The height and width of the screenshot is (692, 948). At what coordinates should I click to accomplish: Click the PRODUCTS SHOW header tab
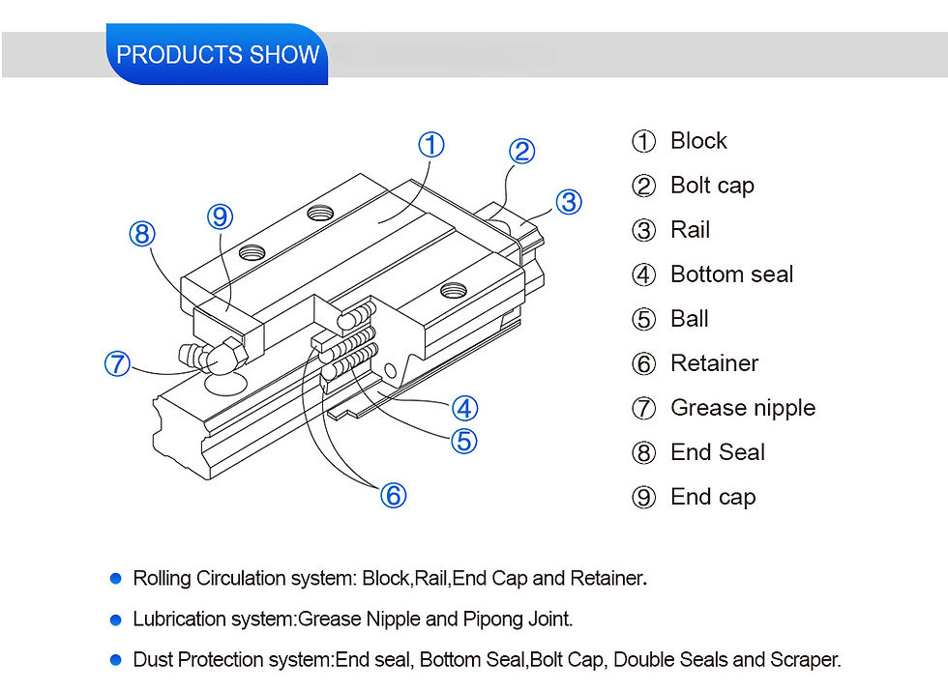[217, 54]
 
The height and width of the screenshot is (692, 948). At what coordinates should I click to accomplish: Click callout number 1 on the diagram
[430, 145]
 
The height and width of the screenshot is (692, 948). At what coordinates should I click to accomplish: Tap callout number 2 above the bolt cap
[521, 151]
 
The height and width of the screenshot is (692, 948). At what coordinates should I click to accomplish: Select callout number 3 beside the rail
[569, 201]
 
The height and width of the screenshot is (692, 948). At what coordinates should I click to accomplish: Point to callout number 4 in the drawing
[464, 407]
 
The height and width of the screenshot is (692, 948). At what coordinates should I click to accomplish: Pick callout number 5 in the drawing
[464, 441]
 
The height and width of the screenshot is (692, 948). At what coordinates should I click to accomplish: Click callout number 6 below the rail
[392, 496]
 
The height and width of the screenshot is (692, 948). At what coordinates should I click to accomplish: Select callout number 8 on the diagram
[142, 234]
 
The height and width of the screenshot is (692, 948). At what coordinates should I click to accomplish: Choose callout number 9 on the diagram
[221, 217]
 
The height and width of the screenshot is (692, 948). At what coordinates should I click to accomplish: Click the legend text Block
[697, 141]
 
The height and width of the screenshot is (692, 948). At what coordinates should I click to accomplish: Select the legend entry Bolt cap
[711, 186]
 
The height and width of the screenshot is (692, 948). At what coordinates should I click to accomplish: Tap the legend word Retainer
[714, 363]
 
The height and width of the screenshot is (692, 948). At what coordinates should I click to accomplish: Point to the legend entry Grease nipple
[742, 408]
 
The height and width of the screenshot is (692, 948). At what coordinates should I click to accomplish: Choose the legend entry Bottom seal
[730, 274]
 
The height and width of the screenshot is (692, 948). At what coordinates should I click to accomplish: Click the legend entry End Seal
[717, 452]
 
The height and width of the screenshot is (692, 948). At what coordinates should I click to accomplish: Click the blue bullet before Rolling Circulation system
[116, 578]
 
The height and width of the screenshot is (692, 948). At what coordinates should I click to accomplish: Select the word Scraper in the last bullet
[807, 660]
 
